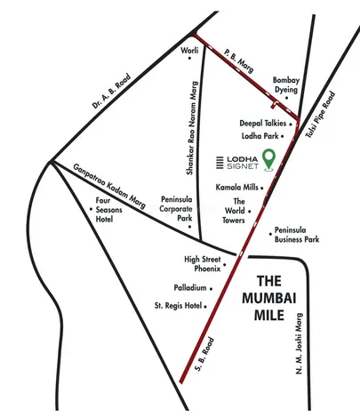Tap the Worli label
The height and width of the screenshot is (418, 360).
point(188,50)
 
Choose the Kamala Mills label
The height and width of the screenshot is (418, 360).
point(236,189)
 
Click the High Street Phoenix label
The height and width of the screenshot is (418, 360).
point(202,263)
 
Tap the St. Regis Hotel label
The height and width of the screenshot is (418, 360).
point(185,307)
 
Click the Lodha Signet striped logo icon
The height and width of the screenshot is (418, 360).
point(222,161)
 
